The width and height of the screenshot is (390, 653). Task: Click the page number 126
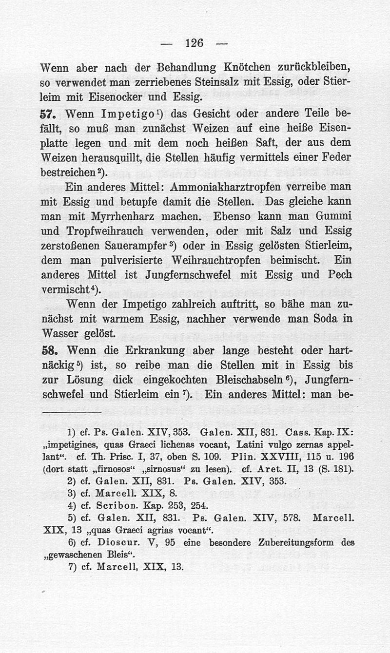tap(194, 42)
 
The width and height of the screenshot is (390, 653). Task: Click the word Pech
tap(339, 275)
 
